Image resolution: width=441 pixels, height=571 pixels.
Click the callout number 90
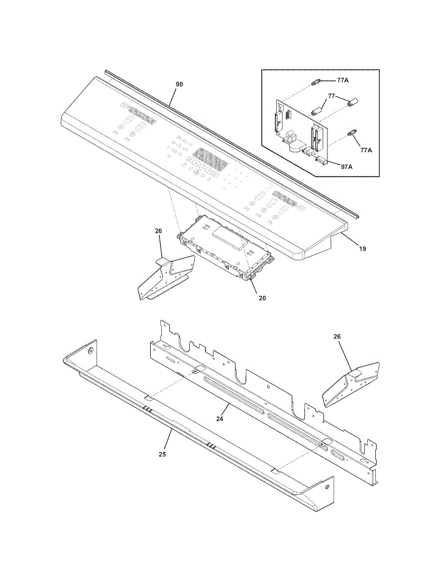tap(179, 84)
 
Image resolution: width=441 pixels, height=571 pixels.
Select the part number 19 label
tap(363, 248)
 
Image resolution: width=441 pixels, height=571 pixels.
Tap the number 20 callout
tap(262, 298)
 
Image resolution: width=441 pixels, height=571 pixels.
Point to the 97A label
tap(346, 167)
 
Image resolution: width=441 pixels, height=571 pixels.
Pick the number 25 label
tap(162, 454)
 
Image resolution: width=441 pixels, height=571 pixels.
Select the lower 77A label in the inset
tap(366, 150)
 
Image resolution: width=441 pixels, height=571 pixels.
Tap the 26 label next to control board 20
tap(158, 231)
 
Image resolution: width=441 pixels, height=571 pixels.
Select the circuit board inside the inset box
tap(300, 128)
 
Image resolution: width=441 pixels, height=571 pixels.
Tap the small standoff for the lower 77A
tap(352, 133)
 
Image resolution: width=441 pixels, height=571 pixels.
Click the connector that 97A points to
tap(322, 161)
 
